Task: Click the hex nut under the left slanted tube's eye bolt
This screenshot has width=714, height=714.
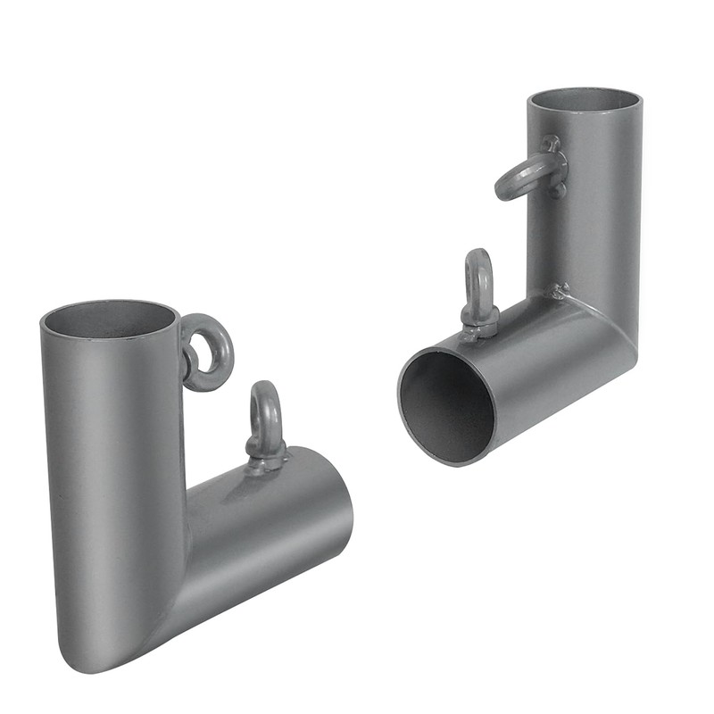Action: click(x=266, y=458)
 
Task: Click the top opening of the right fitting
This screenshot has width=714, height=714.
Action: click(x=583, y=99)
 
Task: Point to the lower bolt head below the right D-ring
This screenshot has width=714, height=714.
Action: click(x=556, y=189)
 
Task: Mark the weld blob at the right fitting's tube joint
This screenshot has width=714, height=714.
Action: click(x=560, y=290)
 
